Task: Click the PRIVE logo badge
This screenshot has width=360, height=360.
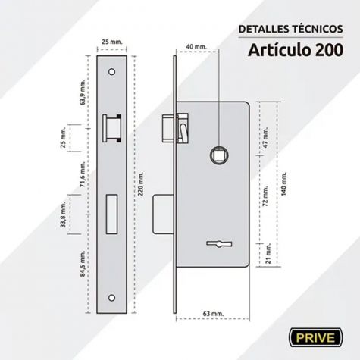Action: (x=316, y=337)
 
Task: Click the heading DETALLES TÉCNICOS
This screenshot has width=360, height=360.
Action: (x=290, y=29)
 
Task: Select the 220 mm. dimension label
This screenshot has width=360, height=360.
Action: (x=141, y=183)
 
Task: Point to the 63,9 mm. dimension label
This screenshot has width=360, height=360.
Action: (x=83, y=92)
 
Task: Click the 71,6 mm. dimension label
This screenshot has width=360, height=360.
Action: (x=83, y=174)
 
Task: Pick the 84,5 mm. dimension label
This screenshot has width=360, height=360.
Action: (x=83, y=264)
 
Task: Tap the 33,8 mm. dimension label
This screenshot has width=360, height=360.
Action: (x=63, y=214)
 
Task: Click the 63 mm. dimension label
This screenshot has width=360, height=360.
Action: (x=213, y=314)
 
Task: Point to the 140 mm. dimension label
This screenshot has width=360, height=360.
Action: (x=283, y=183)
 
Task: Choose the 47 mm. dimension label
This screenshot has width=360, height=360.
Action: (x=265, y=138)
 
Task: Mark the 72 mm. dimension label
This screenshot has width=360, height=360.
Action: (x=265, y=196)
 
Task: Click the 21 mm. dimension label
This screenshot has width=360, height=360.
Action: (x=268, y=253)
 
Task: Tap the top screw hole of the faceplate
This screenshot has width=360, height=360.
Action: (x=111, y=72)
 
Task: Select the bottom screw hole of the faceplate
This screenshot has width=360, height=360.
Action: (x=111, y=298)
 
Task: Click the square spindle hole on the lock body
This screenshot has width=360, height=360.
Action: (x=219, y=155)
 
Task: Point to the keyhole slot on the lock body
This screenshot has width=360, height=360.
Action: (x=219, y=244)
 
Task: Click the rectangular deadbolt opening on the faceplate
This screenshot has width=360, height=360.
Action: (x=111, y=214)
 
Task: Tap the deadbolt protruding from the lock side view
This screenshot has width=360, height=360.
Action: (x=163, y=214)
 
